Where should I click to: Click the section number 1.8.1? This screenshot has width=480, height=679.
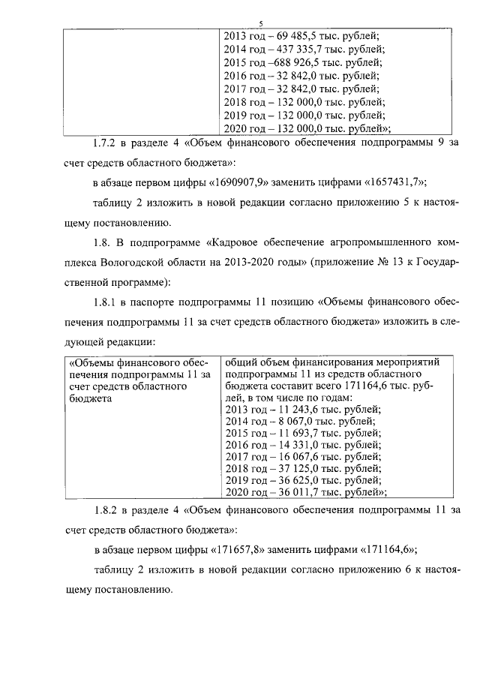(x=107, y=303)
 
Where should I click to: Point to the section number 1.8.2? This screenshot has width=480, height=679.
(x=107, y=509)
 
